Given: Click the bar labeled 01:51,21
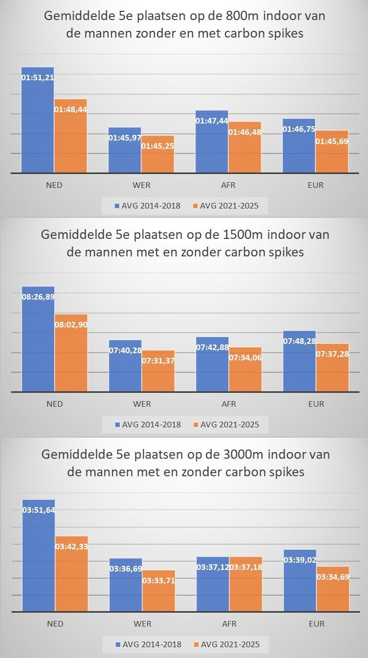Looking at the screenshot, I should click(38, 124).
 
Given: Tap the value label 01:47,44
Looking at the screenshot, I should click(211, 120).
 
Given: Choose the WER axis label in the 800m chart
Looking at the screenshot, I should click(142, 185).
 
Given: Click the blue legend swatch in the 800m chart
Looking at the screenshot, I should click(116, 206).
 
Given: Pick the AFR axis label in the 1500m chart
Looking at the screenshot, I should click(229, 404).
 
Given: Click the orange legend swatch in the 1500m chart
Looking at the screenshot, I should click(195, 425).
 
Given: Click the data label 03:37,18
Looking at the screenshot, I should click(245, 567).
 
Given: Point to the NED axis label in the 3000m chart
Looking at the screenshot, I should click(55, 624).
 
